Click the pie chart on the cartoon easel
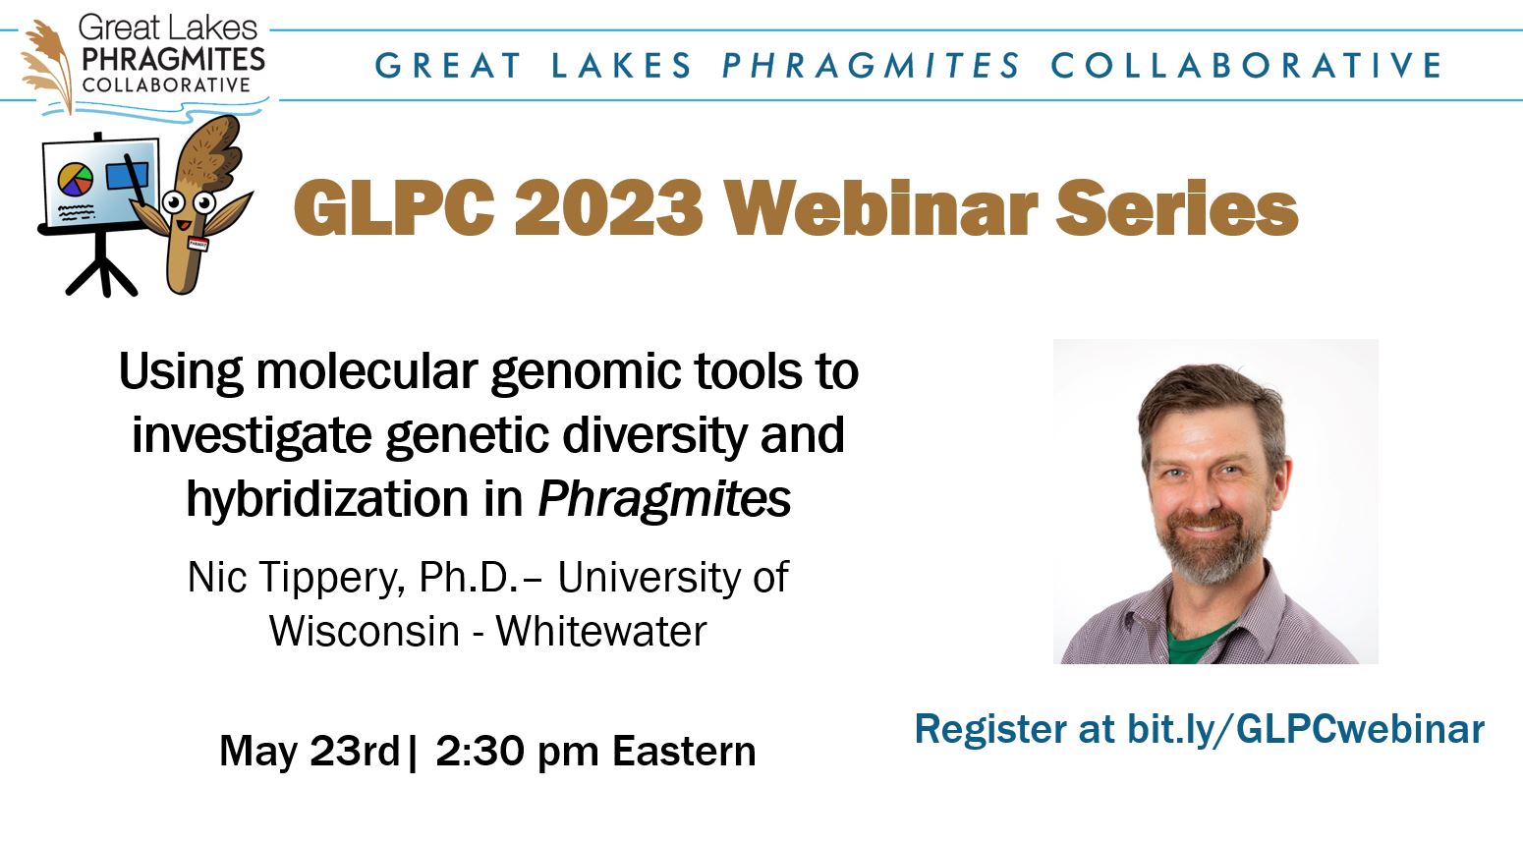click(x=75, y=180)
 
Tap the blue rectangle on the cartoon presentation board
click(x=127, y=176)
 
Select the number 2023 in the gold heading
click(x=608, y=208)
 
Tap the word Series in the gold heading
click(x=1177, y=207)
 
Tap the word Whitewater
click(x=601, y=632)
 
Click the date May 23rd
click(x=310, y=751)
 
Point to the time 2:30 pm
click(x=518, y=752)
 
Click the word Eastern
click(x=684, y=751)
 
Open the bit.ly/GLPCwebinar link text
click(x=1306, y=729)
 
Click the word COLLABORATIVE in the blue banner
click(x=1246, y=65)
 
